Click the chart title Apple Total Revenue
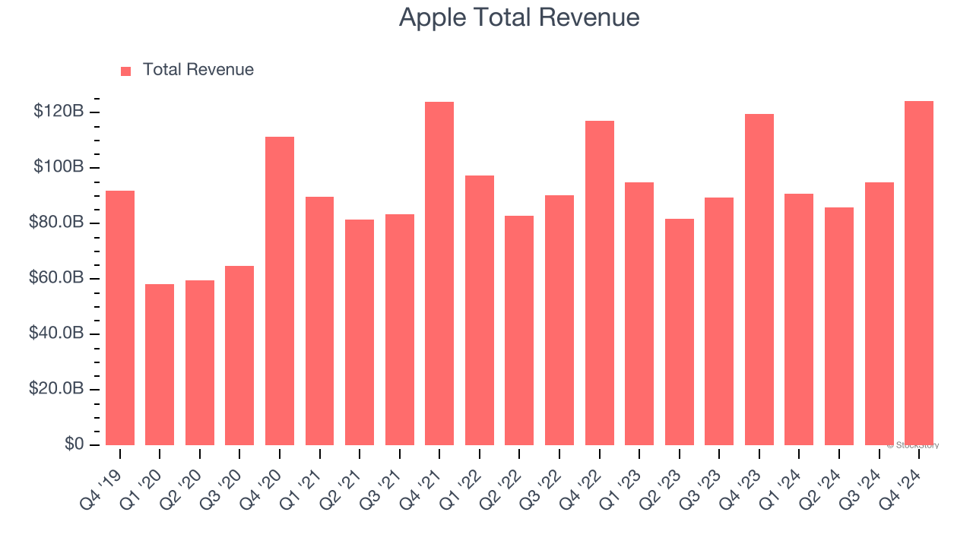[x=519, y=17]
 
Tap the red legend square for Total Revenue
[x=126, y=71]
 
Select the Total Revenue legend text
[x=198, y=70]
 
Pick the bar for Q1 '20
[x=160, y=365]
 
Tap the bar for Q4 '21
[x=439, y=273]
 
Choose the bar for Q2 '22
[x=519, y=330]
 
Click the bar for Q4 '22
[x=600, y=283]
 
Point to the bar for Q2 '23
[x=680, y=332]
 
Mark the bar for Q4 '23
[x=759, y=280]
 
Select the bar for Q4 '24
[x=919, y=273]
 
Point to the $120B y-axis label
[x=59, y=112]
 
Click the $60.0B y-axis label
[x=56, y=278]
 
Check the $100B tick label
[x=59, y=167]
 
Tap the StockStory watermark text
[x=914, y=445]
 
